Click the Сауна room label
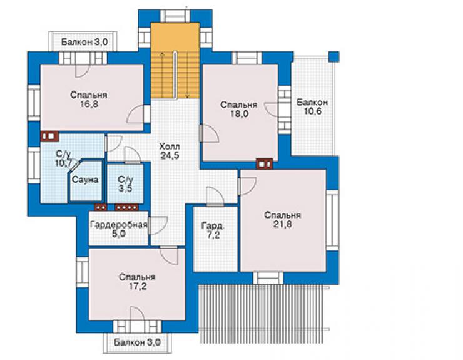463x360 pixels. tap(85, 180)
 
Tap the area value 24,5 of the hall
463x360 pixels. tap(170, 156)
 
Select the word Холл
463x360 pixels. tap(170, 147)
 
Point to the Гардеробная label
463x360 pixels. tap(119, 225)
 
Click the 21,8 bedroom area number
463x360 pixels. tap(283, 224)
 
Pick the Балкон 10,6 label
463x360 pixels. tap(313, 107)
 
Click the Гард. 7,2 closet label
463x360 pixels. tap(213, 230)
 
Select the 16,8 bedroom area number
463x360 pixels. tap(89, 104)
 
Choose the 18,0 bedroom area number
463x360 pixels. tap(239, 114)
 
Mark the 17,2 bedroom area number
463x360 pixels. tap(137, 286)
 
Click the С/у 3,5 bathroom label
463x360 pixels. tap(126, 184)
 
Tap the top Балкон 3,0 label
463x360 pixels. tap(84, 42)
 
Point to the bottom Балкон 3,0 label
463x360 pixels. tap(137, 342)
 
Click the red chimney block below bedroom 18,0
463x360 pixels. tap(264, 164)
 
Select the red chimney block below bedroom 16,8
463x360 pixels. tap(49, 136)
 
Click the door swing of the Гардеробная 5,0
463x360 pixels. tap(158, 226)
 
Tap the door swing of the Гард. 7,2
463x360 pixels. tap(215, 196)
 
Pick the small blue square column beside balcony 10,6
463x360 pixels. tap(334, 56)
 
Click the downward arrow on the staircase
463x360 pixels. tap(188, 75)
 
